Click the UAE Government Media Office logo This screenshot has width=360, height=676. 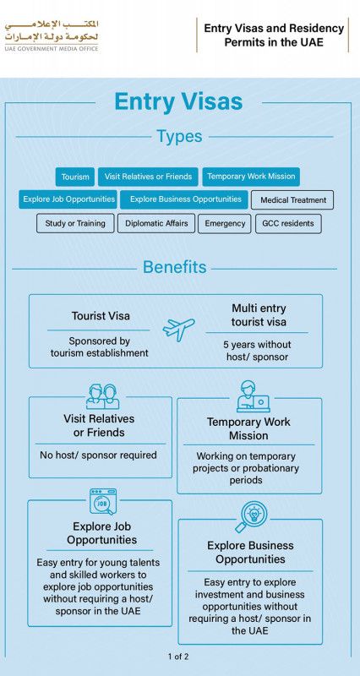pyautogui.click(x=52, y=35)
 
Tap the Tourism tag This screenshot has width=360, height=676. pyautogui.click(x=75, y=177)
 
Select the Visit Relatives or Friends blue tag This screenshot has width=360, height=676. pyautogui.click(x=148, y=177)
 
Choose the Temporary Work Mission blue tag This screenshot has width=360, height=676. pyautogui.click(x=251, y=177)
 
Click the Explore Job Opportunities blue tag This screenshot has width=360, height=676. pyautogui.click(x=68, y=199)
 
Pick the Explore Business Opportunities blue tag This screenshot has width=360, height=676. pyautogui.click(x=184, y=199)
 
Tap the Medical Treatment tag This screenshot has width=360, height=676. pyautogui.click(x=292, y=200)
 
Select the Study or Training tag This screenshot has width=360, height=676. pyautogui.click(x=75, y=223)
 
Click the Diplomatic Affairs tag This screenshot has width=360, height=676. pyautogui.click(x=156, y=223)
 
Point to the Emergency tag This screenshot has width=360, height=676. pyautogui.click(x=225, y=224)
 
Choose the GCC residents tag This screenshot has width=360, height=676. pyautogui.click(x=288, y=224)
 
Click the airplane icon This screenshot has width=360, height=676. pyautogui.click(x=178, y=330)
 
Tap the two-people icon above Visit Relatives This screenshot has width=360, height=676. pyautogui.click(x=102, y=396)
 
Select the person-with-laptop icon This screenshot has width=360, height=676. pyautogui.click(x=253, y=396)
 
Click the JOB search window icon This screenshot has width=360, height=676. pyautogui.click(x=102, y=501)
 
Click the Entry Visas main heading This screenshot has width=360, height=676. pyautogui.click(x=178, y=102)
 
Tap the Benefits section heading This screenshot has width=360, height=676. pyautogui.click(x=175, y=267)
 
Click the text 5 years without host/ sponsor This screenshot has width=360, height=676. pyautogui.click(x=257, y=351)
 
